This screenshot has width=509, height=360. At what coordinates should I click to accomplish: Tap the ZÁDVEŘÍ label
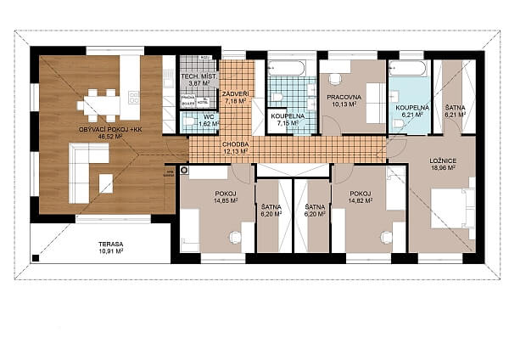tap(235, 93)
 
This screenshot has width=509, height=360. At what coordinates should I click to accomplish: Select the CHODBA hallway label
tap(235, 145)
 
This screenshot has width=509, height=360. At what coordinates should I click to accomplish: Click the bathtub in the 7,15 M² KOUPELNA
tap(291, 68)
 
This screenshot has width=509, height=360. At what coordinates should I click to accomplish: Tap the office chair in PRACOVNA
tap(336, 79)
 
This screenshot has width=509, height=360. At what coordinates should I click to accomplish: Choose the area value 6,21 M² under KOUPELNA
tap(411, 115)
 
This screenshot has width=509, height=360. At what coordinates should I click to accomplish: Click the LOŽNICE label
tap(443, 160)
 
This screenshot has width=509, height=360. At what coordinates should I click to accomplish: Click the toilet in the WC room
tap(188, 123)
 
